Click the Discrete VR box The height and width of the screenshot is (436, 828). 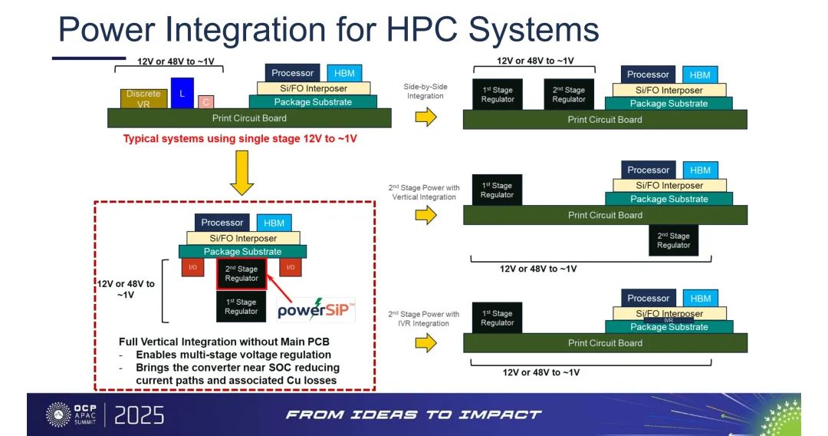pos(143,99)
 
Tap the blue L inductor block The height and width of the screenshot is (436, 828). pos(182,93)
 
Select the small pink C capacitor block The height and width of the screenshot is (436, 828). pos(206,102)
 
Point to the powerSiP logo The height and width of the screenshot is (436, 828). pos(317,309)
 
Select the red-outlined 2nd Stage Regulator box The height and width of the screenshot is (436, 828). pos(242,274)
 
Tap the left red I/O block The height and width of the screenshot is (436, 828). pos(192,267)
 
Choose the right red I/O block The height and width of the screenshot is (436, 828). pos(291,267)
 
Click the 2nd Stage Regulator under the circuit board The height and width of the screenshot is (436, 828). pos(674,240)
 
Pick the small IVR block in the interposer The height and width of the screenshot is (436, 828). pos(669,320)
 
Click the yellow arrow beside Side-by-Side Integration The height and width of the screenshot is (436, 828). pos(426,116)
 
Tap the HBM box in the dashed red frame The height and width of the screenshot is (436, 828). pos(274,223)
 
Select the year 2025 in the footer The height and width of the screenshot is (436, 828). pos(140,415)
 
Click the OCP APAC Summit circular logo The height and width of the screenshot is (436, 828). pos(58,415)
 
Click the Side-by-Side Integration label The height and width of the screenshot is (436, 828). pos(425,91)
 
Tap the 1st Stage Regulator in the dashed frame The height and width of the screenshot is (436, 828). pos(242,306)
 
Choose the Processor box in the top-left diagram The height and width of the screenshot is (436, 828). pos(292,73)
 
